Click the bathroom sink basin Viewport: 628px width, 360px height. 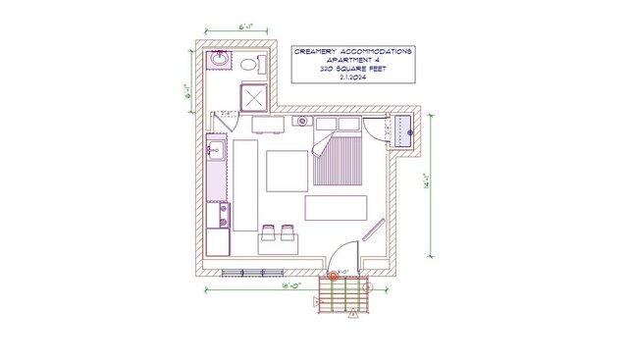220,61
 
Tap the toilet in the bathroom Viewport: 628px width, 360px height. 249,66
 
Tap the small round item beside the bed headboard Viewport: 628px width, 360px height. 303,122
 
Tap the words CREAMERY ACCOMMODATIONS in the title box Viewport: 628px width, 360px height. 353,50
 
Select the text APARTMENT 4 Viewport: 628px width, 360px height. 353,60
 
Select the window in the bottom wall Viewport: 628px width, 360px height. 242,271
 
